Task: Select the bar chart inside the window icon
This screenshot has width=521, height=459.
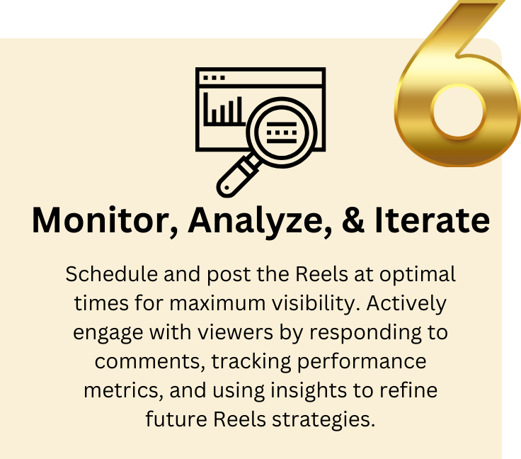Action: point(224,110)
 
